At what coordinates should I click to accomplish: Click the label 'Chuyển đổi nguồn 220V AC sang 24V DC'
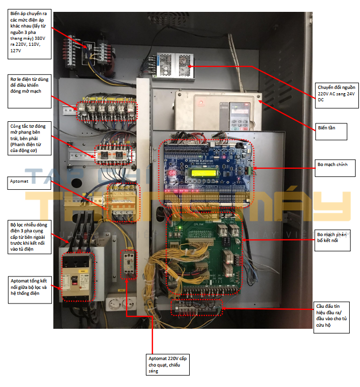click(335, 92)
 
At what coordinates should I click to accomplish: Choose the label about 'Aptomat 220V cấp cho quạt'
click(170, 364)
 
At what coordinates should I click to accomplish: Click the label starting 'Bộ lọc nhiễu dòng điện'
click(30, 235)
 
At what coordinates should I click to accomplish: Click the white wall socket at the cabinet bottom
click(120, 305)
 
